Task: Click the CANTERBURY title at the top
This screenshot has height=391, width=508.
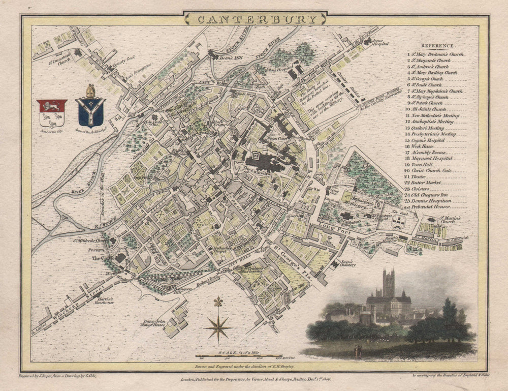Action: pos(255,19)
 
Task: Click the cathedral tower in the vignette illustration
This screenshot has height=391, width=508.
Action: pos(389,283)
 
